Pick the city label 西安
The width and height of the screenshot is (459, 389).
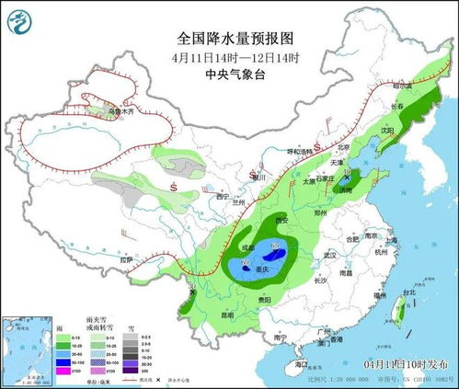pos(282,221)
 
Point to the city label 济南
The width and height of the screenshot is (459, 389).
pos(345,189)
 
